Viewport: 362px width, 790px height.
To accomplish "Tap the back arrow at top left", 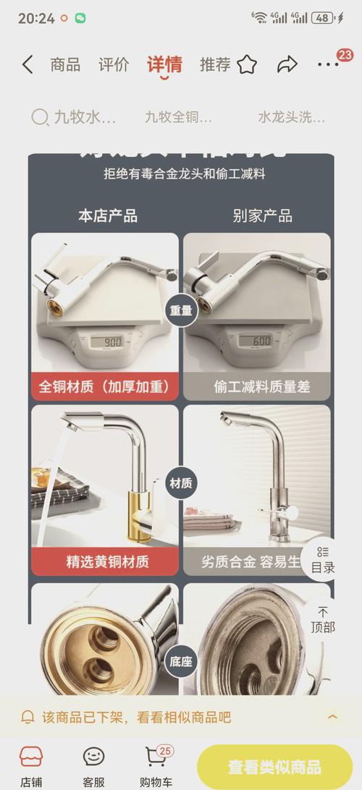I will click(x=27, y=64).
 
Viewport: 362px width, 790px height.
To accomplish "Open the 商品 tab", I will click(x=65, y=64).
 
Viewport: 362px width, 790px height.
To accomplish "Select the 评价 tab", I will click(x=114, y=64).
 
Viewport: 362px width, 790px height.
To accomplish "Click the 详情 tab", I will click(x=164, y=64).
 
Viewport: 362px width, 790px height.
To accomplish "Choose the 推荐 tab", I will click(x=215, y=64).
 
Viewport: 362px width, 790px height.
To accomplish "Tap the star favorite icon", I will click(x=247, y=64).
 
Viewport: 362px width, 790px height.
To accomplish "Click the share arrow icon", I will click(x=287, y=64).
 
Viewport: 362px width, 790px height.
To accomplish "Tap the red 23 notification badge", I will click(x=345, y=55).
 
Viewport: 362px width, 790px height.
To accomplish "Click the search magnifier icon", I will click(x=39, y=116).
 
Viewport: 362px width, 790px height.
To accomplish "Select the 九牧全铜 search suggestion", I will click(x=178, y=116).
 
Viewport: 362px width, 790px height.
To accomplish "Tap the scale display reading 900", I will click(x=111, y=341).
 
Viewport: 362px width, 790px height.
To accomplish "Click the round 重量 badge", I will click(x=180, y=311).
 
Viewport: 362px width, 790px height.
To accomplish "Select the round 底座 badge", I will click(x=180, y=661).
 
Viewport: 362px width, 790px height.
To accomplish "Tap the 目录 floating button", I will click(x=322, y=560).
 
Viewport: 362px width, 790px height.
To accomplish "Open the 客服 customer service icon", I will click(x=93, y=764).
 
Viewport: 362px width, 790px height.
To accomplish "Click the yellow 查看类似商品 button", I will click(x=274, y=767).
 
